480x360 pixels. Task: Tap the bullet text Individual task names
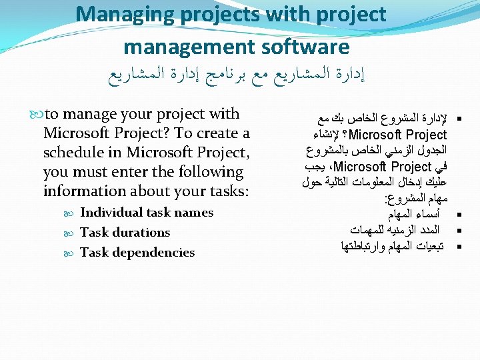tap(147, 213)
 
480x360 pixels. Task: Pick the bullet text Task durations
tap(125, 233)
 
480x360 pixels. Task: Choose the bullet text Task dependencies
tap(137, 253)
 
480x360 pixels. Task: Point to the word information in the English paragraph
tap(83, 191)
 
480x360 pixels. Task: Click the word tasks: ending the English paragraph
tap(225, 191)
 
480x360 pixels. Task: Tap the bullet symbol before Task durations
tap(73, 233)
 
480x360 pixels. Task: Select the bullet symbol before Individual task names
tap(73, 213)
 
